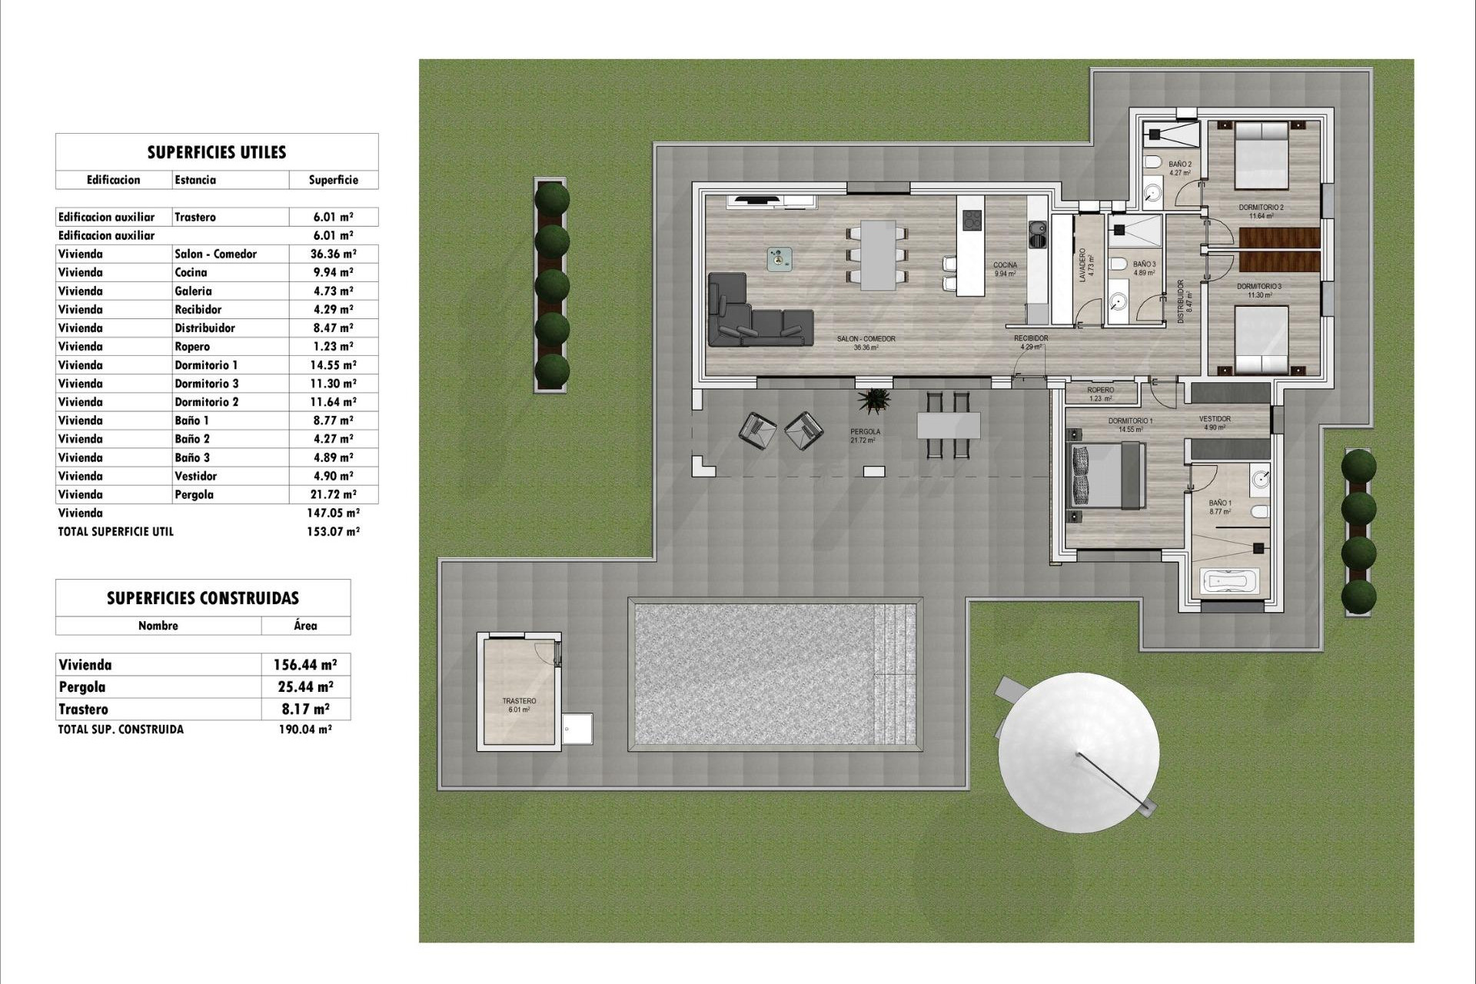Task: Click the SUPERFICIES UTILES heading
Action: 217,152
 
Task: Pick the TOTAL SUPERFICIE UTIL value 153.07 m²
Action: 333,531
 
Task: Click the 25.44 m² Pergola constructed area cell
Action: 305,687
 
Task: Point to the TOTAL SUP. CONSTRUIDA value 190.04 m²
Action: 305,730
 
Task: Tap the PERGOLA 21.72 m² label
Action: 865,436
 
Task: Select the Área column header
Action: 305,626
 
